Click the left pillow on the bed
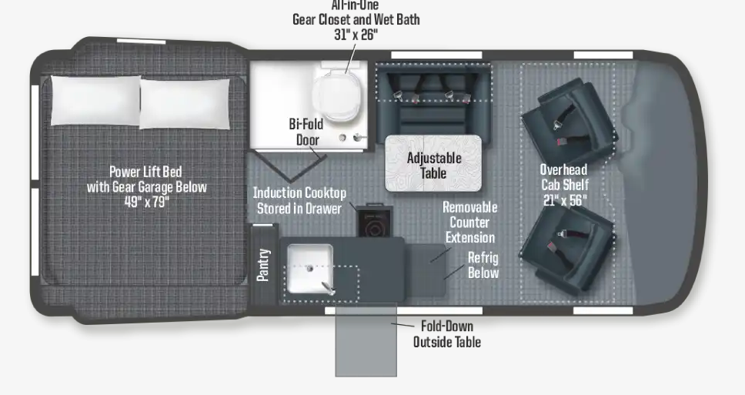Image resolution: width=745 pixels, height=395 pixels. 95,101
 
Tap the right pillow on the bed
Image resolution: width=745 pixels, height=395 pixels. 185,103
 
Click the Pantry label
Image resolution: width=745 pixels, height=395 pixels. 263,264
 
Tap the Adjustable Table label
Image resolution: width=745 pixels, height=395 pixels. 433,166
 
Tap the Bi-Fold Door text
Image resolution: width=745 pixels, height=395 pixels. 306,132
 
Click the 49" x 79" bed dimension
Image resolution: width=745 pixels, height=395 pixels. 146,202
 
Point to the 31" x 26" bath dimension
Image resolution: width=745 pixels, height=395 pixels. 356,34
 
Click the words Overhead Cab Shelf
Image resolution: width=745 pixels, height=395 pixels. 563,177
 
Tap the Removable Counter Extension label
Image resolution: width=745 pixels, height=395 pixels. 469,222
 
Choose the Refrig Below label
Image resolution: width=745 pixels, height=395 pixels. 483,265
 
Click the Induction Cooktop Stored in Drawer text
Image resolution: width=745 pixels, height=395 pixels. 299,200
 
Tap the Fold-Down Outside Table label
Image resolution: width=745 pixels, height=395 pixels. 447,333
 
